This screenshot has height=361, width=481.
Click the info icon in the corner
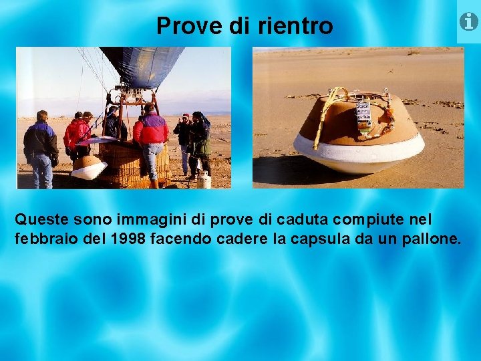469,21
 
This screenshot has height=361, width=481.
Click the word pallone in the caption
432,239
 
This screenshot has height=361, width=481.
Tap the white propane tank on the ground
204,179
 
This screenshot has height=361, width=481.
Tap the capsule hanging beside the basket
88,166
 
